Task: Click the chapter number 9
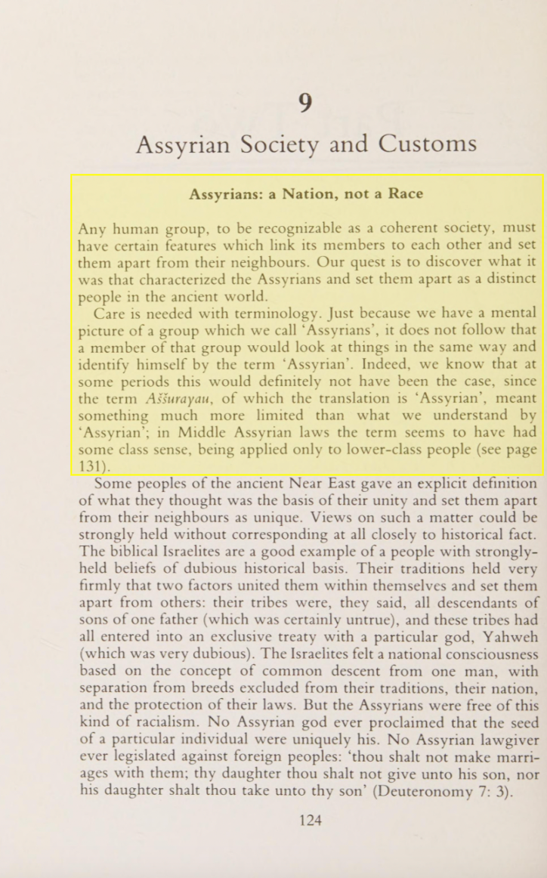click(304, 102)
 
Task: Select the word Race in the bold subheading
click(405, 193)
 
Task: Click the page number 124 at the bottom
click(310, 820)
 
